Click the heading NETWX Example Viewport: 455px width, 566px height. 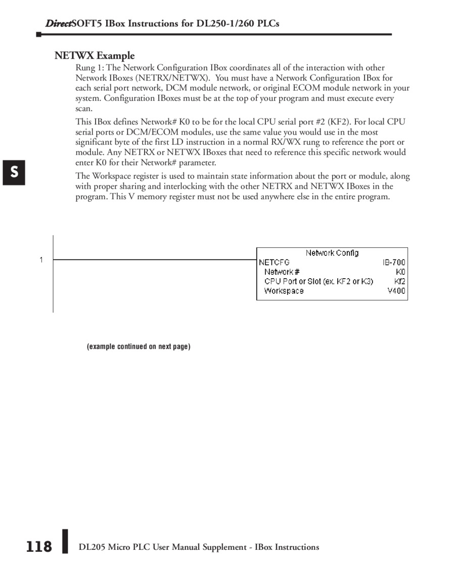pos(95,56)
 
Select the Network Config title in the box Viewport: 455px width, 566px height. pos(332,253)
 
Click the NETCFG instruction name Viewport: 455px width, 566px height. pos(274,263)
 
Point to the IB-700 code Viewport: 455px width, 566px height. pos(394,263)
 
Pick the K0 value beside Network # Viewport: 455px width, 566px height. pos(400,272)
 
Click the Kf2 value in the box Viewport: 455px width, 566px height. pos(399,281)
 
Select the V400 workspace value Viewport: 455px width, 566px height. pos(396,291)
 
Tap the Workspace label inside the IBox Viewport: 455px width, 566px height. pos(284,291)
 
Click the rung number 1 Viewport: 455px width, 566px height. pos(41,260)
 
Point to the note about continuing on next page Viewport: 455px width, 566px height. pos(139,346)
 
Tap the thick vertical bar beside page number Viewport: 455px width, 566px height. pos(65,542)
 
